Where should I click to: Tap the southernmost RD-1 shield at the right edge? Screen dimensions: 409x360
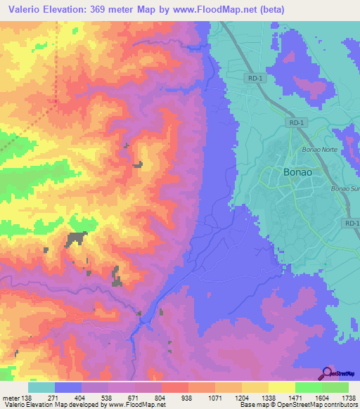click(x=352, y=223)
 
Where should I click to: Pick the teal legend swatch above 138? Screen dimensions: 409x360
click(x=41, y=387)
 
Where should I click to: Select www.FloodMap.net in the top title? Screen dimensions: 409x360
click(x=206, y=8)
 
